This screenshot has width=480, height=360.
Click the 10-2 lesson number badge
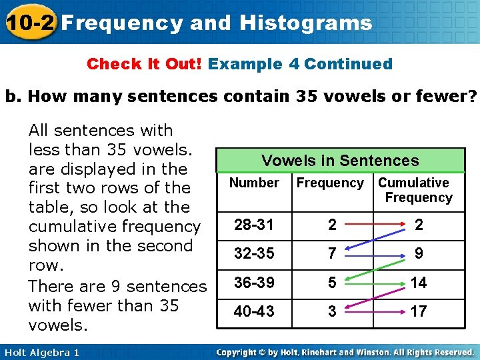[29, 22]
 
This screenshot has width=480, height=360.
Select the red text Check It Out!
[145, 64]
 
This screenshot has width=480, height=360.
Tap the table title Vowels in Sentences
[340, 161]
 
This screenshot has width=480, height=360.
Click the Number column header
[254, 183]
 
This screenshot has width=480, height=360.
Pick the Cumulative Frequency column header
[414, 190]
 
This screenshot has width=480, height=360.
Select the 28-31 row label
[253, 225]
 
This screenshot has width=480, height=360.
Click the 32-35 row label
[253, 253]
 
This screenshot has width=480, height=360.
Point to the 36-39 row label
[253, 282]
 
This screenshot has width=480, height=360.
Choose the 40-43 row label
[253, 311]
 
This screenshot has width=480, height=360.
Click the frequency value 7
[332, 253]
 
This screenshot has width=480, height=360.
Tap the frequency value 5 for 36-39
[332, 282]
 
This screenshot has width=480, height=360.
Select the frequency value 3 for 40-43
[332, 311]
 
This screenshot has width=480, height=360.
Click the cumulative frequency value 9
[418, 253]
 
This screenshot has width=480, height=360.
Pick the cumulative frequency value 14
[418, 282]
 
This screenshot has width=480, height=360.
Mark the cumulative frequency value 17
[418, 311]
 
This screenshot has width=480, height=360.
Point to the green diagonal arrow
[373, 268]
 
